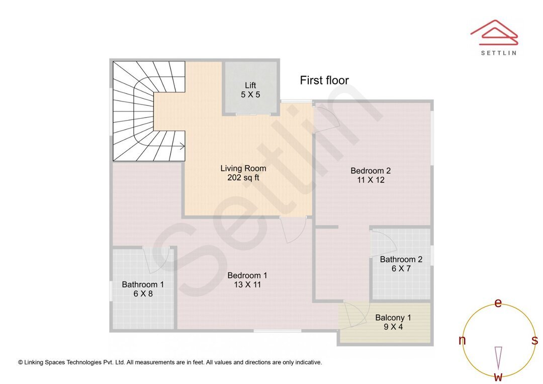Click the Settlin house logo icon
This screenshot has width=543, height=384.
tap(494, 32)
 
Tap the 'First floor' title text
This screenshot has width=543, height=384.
tap(324, 80)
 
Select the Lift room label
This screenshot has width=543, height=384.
tap(250, 85)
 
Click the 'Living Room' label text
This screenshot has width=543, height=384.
tap(243, 168)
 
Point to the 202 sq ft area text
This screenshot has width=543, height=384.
tap(243, 177)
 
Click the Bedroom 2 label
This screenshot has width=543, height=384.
tap(371, 171)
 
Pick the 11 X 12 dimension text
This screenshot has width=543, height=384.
tap(371, 180)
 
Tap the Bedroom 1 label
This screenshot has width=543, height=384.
tap(247, 275)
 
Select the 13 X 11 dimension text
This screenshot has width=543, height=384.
tap(247, 284)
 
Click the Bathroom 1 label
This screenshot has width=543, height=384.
tap(143, 284)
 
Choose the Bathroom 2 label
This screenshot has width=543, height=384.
tap(401, 259)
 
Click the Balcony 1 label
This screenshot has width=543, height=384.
tap(393, 318)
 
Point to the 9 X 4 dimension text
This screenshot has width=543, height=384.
tap(393, 327)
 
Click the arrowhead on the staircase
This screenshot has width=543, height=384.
tap(182, 146)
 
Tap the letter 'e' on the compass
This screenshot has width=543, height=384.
tap(498, 303)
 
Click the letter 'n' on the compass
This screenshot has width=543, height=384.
tap(462, 341)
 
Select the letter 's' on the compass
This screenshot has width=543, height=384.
tap(534, 341)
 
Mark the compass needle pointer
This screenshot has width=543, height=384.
tap(498, 357)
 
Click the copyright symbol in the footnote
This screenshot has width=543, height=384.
tap(21, 362)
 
